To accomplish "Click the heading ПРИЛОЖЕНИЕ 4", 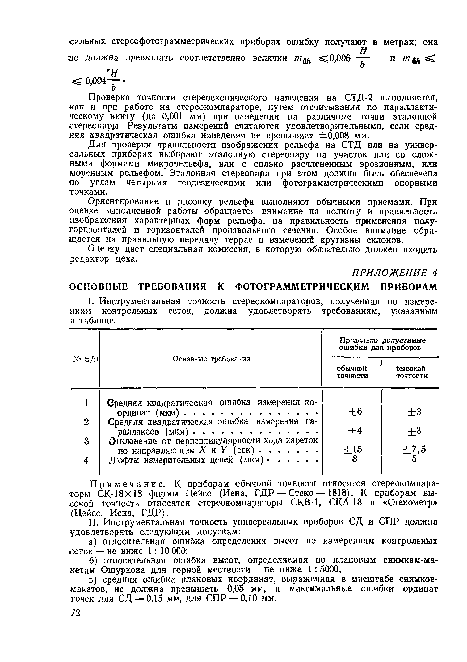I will (395, 272).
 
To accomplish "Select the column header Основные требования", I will (211, 359).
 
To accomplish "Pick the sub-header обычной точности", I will (352, 372).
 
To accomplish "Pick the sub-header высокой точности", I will (412, 372).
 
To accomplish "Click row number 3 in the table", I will (86, 441).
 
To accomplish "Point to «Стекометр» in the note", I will (410, 503).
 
